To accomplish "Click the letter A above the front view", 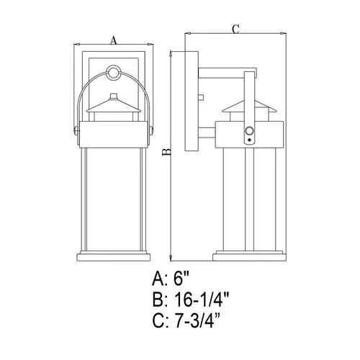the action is pyautogui.click(x=114, y=40).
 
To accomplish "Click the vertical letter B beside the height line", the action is pyautogui.click(x=167, y=152).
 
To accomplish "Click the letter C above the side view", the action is pyautogui.click(x=235, y=30).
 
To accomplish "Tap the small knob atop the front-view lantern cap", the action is pyautogui.click(x=113, y=96).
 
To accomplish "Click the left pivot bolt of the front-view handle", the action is pyautogui.click(x=76, y=131).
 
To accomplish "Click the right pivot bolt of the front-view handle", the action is pyautogui.click(x=151, y=131).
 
